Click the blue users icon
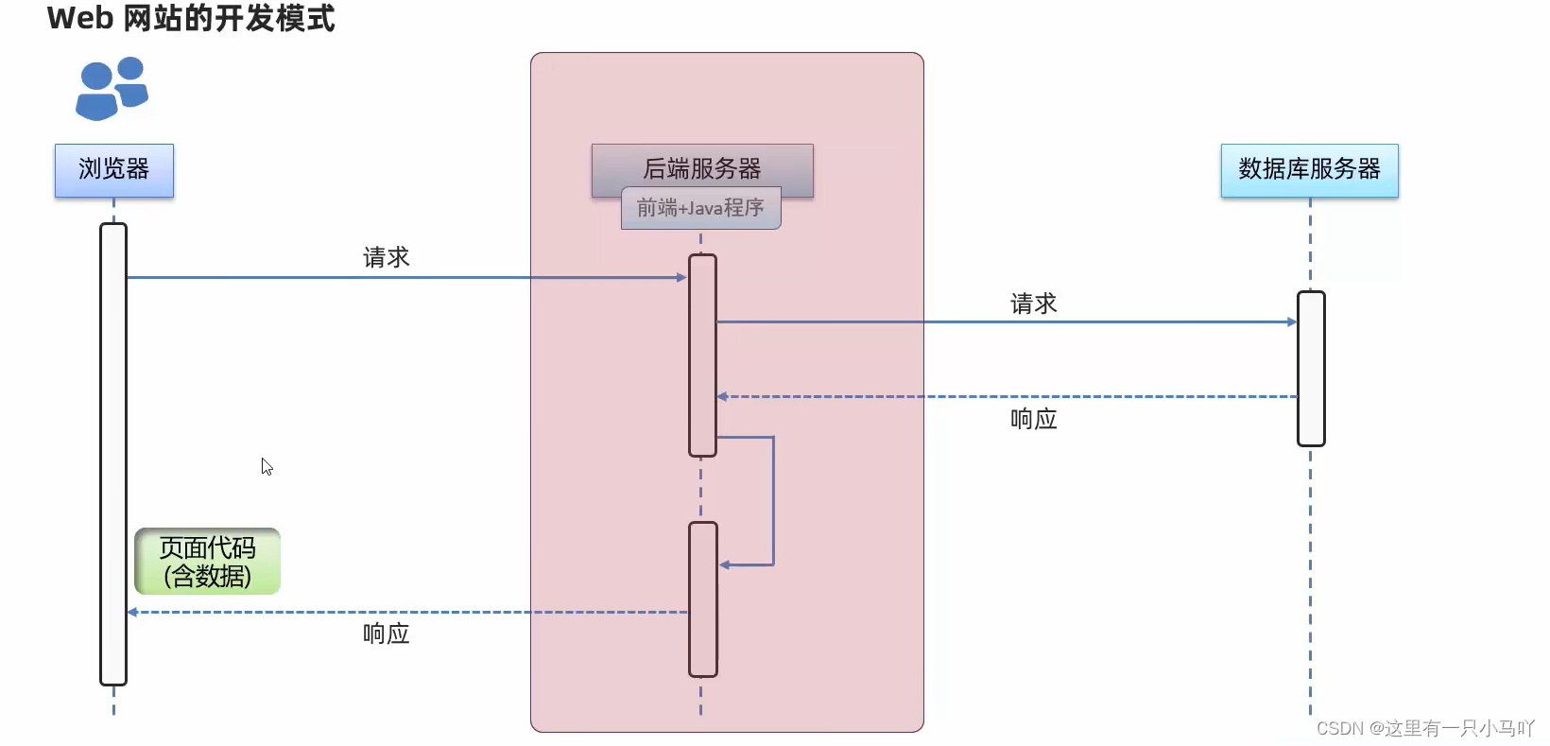tap(112, 89)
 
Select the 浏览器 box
tap(114, 170)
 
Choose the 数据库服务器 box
tap(1309, 170)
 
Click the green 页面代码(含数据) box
tap(207, 562)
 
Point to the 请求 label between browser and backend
tap(386, 257)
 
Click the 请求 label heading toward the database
tap(1033, 304)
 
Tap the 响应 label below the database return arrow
tap(1033, 419)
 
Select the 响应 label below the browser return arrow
tap(386, 633)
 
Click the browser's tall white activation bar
tap(113, 454)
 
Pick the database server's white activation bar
tap(1311, 369)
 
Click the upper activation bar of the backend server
tap(702, 356)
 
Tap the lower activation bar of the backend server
tap(703, 599)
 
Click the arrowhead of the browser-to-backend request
tap(682, 278)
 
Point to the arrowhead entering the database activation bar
tap(1292, 322)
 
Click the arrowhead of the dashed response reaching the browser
tap(133, 613)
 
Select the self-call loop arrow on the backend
tap(773, 501)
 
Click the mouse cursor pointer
tap(267, 466)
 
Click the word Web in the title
tap(79, 18)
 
